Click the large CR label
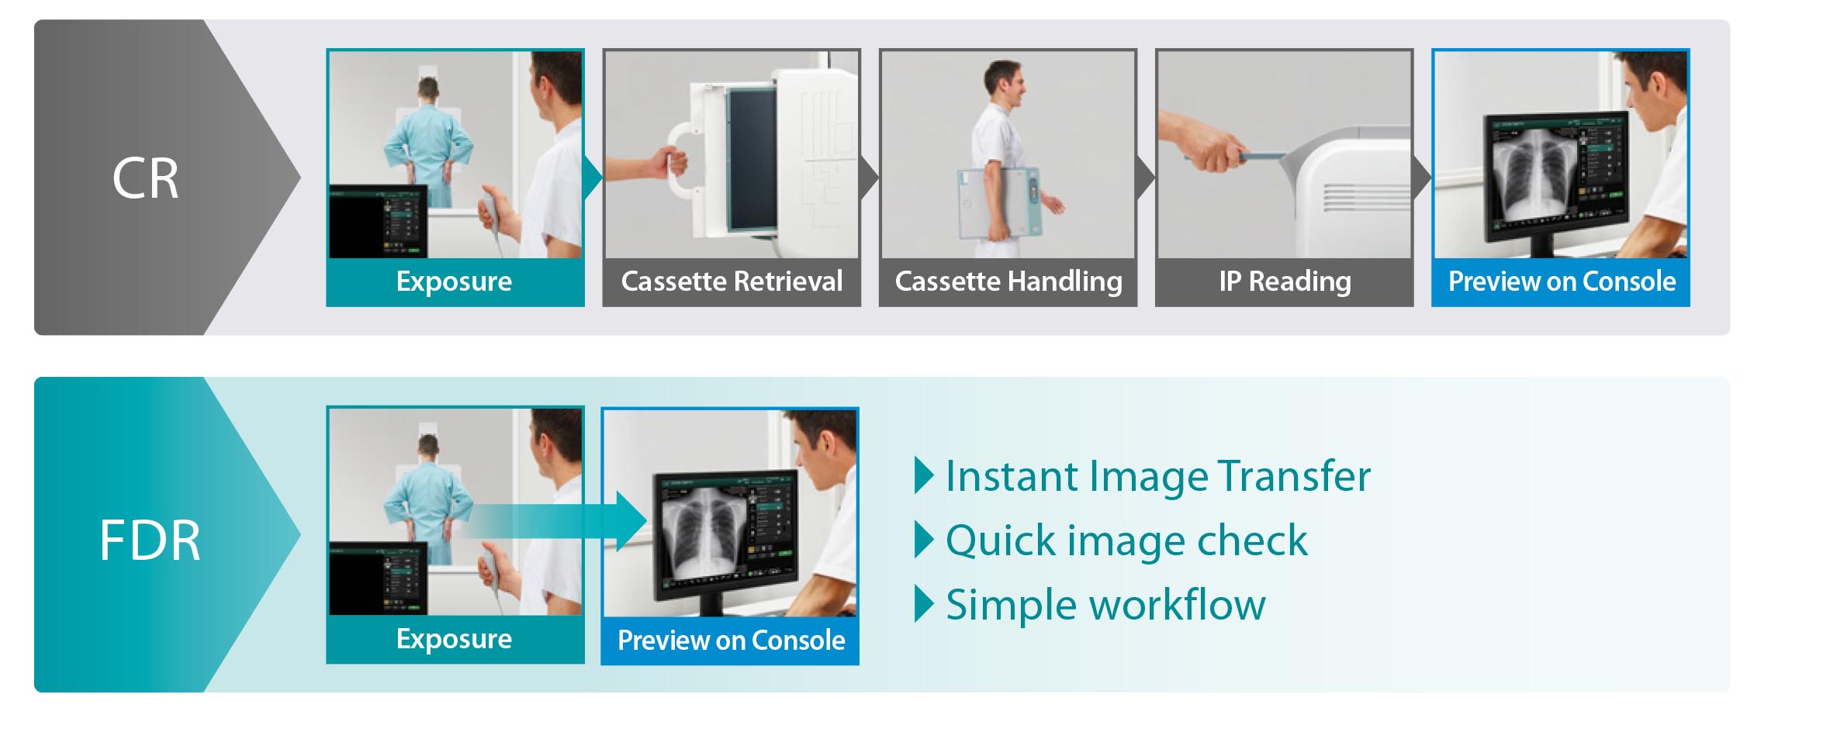(145, 178)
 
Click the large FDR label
(150, 540)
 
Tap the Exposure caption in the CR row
(454, 281)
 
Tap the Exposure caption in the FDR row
(454, 638)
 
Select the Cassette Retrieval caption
(732, 281)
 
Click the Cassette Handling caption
(1008, 281)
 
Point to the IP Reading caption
(1285, 281)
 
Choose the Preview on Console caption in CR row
(1562, 281)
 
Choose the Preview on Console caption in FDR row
(731, 640)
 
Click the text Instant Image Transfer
(1158, 475)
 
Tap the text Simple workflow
(1105, 605)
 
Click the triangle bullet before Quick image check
(924, 540)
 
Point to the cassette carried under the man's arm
(999, 203)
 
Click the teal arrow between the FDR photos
(555, 521)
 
